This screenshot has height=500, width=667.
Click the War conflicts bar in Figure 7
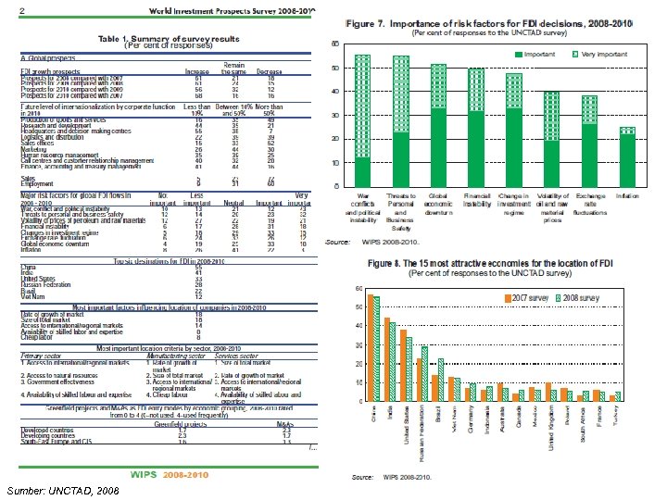(x=363, y=120)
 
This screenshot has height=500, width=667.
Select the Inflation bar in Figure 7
(x=628, y=156)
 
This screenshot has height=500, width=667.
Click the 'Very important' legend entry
(x=602, y=56)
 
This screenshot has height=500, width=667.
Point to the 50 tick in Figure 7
(x=334, y=69)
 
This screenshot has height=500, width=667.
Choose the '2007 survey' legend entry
(x=527, y=298)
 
